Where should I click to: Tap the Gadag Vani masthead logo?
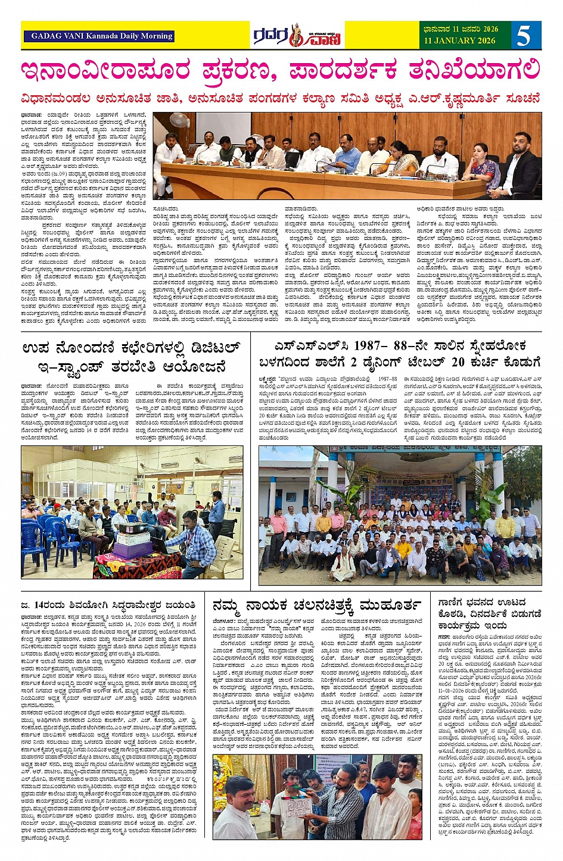(x=297, y=36)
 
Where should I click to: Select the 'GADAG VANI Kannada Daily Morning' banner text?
(x=102, y=36)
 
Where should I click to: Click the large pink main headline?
(x=281, y=71)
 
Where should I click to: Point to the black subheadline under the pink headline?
(x=281, y=98)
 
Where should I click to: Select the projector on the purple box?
(x=133, y=528)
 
